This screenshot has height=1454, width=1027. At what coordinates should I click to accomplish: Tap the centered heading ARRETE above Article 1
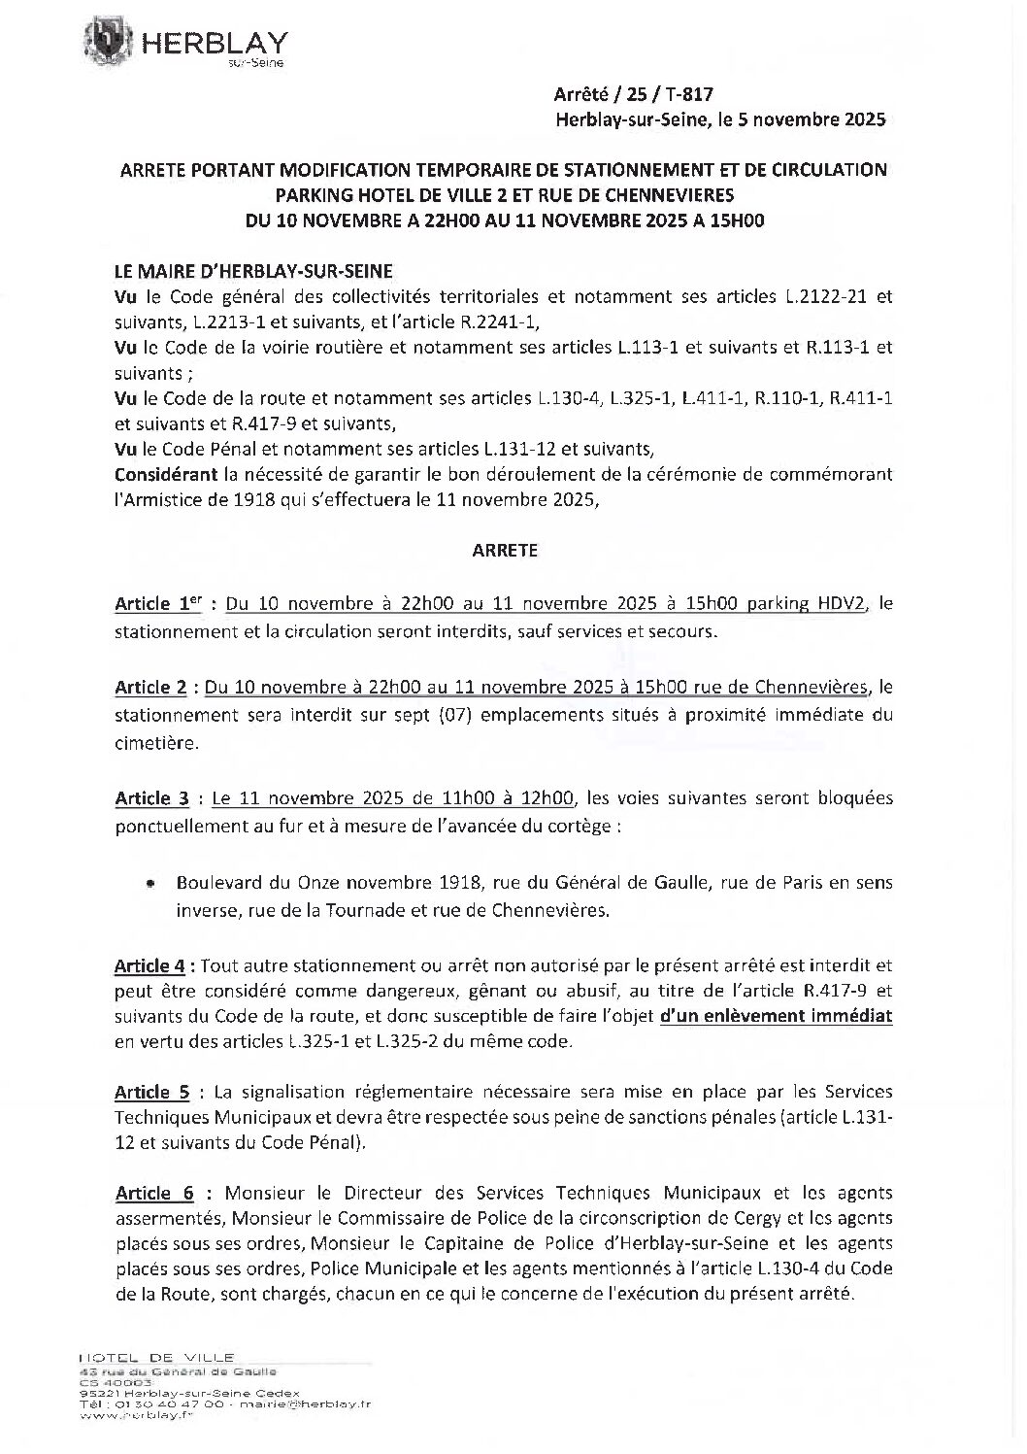(504, 550)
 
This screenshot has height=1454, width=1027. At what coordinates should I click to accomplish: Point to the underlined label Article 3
(151, 799)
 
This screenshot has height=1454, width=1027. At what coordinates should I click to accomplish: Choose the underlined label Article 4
(149, 966)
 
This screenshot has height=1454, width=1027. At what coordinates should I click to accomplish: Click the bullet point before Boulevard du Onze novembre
(149, 885)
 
